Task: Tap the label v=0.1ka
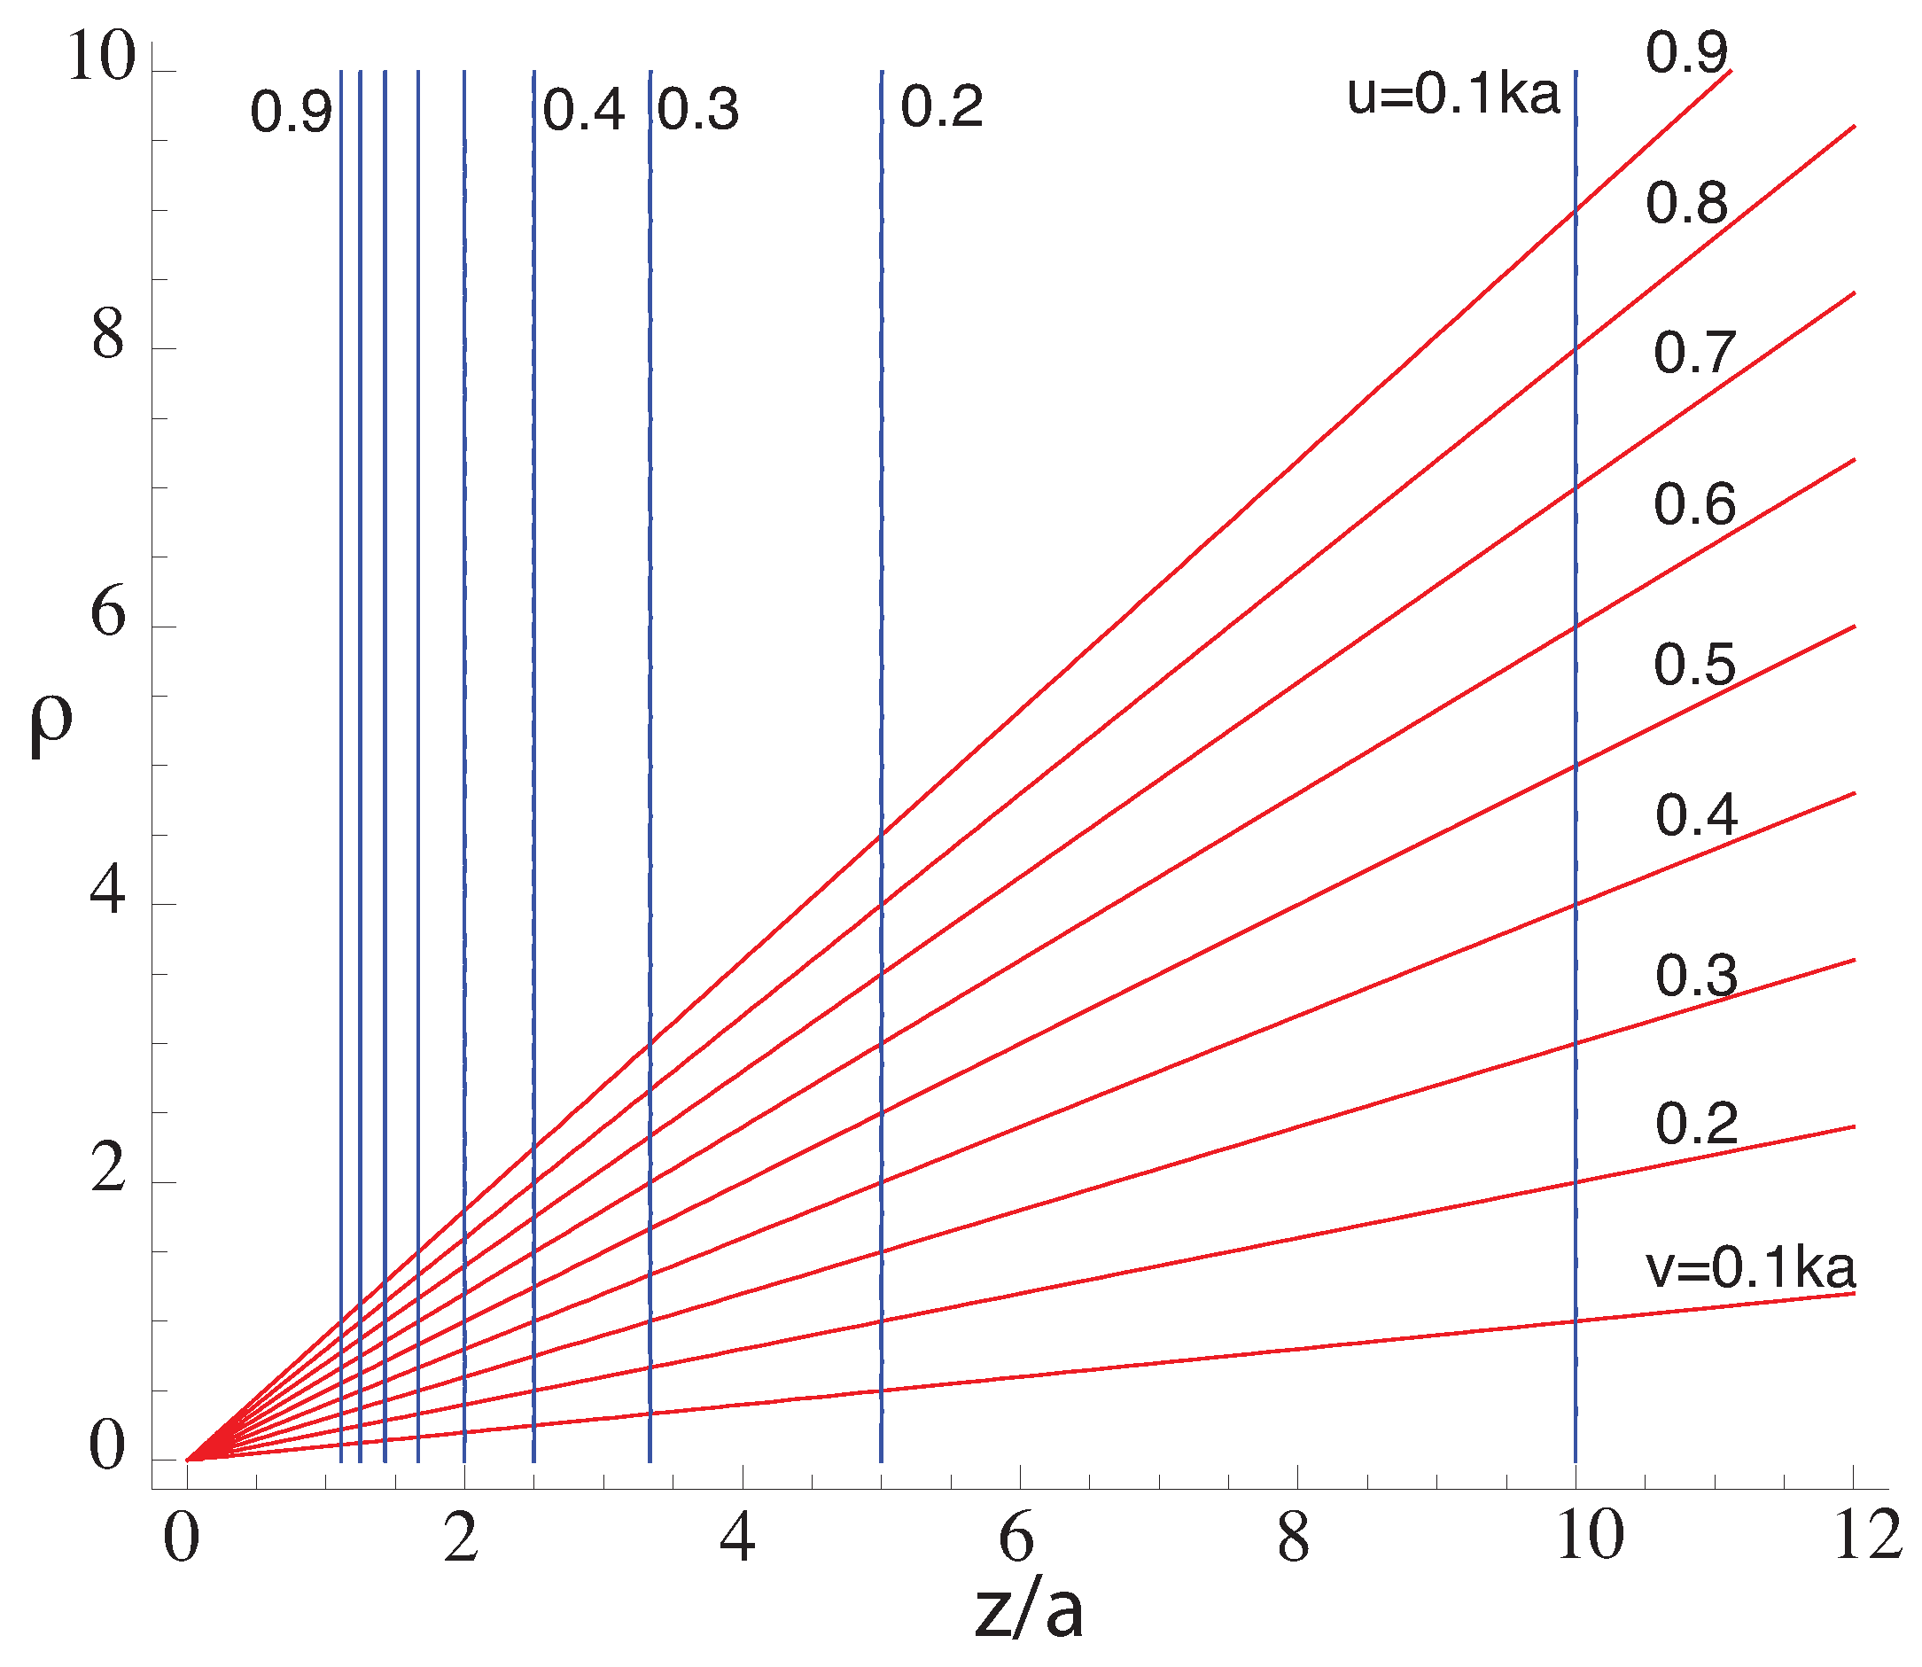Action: click(1750, 1267)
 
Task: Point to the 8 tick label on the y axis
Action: click(107, 336)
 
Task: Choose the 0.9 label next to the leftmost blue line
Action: click(291, 113)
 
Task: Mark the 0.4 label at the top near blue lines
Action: click(583, 111)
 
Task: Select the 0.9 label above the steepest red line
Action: click(1686, 52)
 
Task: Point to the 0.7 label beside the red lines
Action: click(1694, 354)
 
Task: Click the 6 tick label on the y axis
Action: click(107, 614)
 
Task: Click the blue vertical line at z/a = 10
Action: click(1575, 744)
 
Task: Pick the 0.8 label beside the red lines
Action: click(1686, 203)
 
